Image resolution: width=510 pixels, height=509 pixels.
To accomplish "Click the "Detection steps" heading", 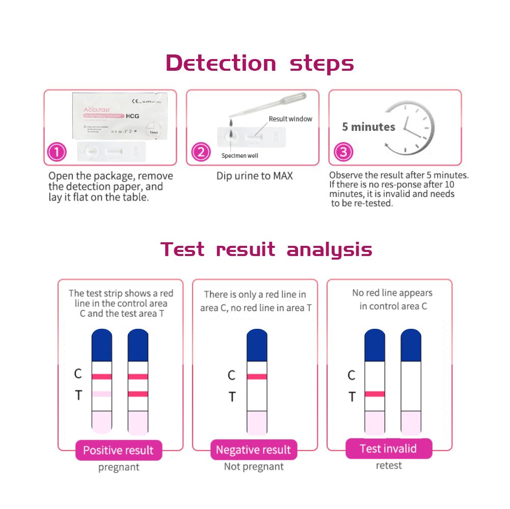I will point(259,64).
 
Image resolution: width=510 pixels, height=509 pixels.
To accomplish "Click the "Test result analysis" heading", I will point(266,250).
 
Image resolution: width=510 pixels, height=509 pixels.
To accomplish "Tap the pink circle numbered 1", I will point(57,152).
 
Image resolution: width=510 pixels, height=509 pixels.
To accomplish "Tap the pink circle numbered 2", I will point(200,152).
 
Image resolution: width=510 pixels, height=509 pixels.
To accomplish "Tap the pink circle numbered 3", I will point(342,152).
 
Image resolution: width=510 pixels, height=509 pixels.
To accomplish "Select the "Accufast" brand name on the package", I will point(97,110).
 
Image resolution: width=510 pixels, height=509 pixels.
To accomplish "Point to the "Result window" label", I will point(290,119).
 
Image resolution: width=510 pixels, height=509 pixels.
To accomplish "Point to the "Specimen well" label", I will point(239,155).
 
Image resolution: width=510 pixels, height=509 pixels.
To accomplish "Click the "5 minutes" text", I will point(368,127).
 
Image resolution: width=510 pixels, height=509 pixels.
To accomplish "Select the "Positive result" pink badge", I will point(118,450).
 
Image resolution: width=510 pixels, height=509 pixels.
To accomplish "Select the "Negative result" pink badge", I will point(253,450).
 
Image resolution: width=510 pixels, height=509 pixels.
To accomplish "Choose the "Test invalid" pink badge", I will point(388,448).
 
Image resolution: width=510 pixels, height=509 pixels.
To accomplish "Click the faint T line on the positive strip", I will point(102,394).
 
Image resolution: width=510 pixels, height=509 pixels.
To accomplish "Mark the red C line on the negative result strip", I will point(257,377).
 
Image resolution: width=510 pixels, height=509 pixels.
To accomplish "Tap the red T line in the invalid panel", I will point(374,394).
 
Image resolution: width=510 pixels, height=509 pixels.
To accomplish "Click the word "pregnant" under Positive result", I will point(119,467).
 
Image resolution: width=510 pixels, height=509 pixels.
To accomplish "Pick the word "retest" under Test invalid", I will point(389,465).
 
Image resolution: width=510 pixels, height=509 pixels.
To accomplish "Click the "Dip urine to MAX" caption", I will point(254,176).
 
